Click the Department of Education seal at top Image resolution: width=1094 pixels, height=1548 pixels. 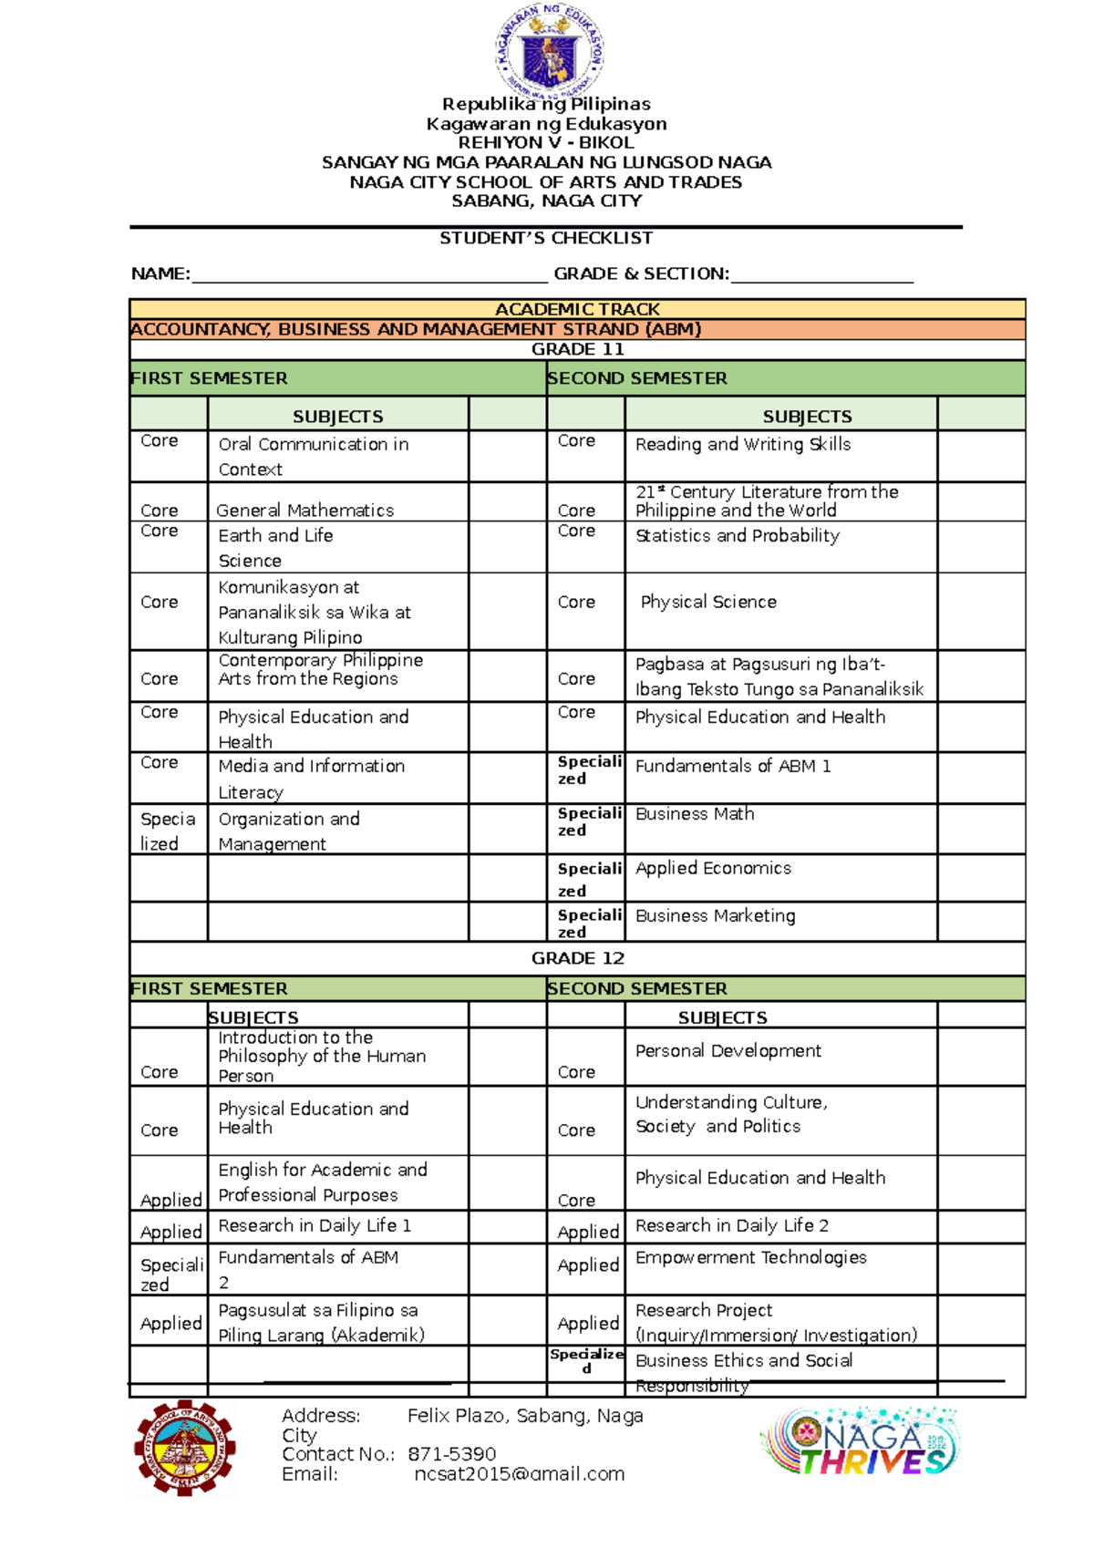coord(549,50)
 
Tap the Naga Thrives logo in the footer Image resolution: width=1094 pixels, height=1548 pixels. coord(861,1443)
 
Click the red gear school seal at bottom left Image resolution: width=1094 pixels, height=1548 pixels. coord(185,1449)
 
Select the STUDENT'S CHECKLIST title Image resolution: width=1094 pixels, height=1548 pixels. coord(546,238)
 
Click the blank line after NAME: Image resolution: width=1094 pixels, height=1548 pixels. coord(369,275)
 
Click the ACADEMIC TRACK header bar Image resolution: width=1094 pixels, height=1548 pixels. coord(577,309)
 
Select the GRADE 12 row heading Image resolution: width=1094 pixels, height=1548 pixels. coord(577,958)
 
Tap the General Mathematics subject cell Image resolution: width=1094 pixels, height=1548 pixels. coord(305,511)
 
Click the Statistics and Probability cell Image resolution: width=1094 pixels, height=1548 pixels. coord(737,536)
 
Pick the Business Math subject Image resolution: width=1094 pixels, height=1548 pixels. coord(695,814)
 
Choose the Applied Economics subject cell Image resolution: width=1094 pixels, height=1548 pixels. coord(713,869)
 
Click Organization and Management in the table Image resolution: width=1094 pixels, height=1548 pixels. coord(289,831)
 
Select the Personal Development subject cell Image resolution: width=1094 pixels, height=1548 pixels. coord(728,1051)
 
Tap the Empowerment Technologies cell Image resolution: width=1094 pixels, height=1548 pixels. coord(750,1258)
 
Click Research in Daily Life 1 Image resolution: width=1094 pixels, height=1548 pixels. coord(315,1226)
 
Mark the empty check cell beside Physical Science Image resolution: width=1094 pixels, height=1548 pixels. coord(980,603)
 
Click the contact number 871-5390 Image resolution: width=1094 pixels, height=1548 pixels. coord(451,1454)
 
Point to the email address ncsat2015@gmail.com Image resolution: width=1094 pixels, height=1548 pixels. coord(519,1474)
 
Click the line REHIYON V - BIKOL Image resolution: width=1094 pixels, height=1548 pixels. coord(545,143)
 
